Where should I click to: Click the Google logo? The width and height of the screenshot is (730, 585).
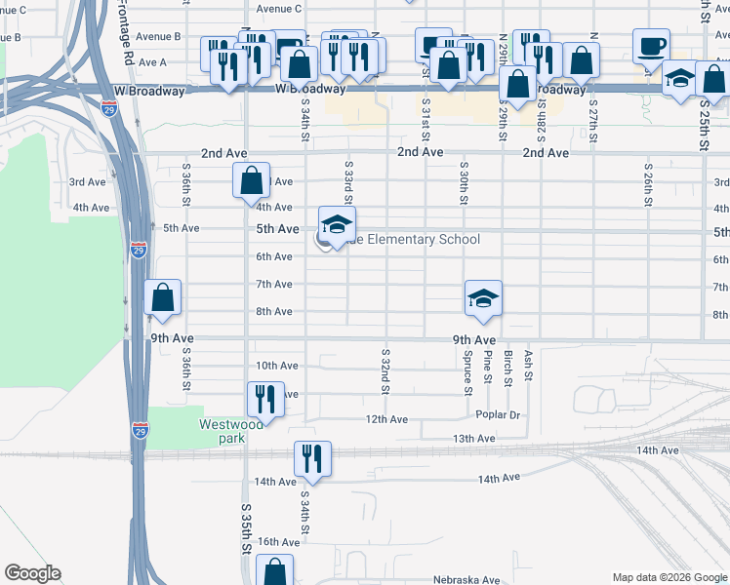[x=32, y=573]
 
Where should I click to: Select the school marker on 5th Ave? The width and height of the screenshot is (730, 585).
[x=337, y=225]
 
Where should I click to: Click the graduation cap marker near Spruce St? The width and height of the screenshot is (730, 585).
[x=483, y=298]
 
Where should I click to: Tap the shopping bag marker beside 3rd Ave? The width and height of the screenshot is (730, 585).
[x=252, y=180]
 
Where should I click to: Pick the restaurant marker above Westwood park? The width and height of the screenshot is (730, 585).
[x=264, y=397]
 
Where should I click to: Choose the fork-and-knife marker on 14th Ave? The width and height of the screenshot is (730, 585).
[x=313, y=458]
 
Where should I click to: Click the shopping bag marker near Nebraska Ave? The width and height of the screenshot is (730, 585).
[x=276, y=571]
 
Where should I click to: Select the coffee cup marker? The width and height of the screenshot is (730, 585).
[x=651, y=46]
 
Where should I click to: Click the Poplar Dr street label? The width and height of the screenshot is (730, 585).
[x=500, y=414]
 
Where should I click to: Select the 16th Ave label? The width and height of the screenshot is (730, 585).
[x=278, y=542]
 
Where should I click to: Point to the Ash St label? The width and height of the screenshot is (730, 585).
[x=528, y=366]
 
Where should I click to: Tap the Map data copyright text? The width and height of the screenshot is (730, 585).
[x=669, y=577]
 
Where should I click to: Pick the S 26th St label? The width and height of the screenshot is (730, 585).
[x=647, y=178]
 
